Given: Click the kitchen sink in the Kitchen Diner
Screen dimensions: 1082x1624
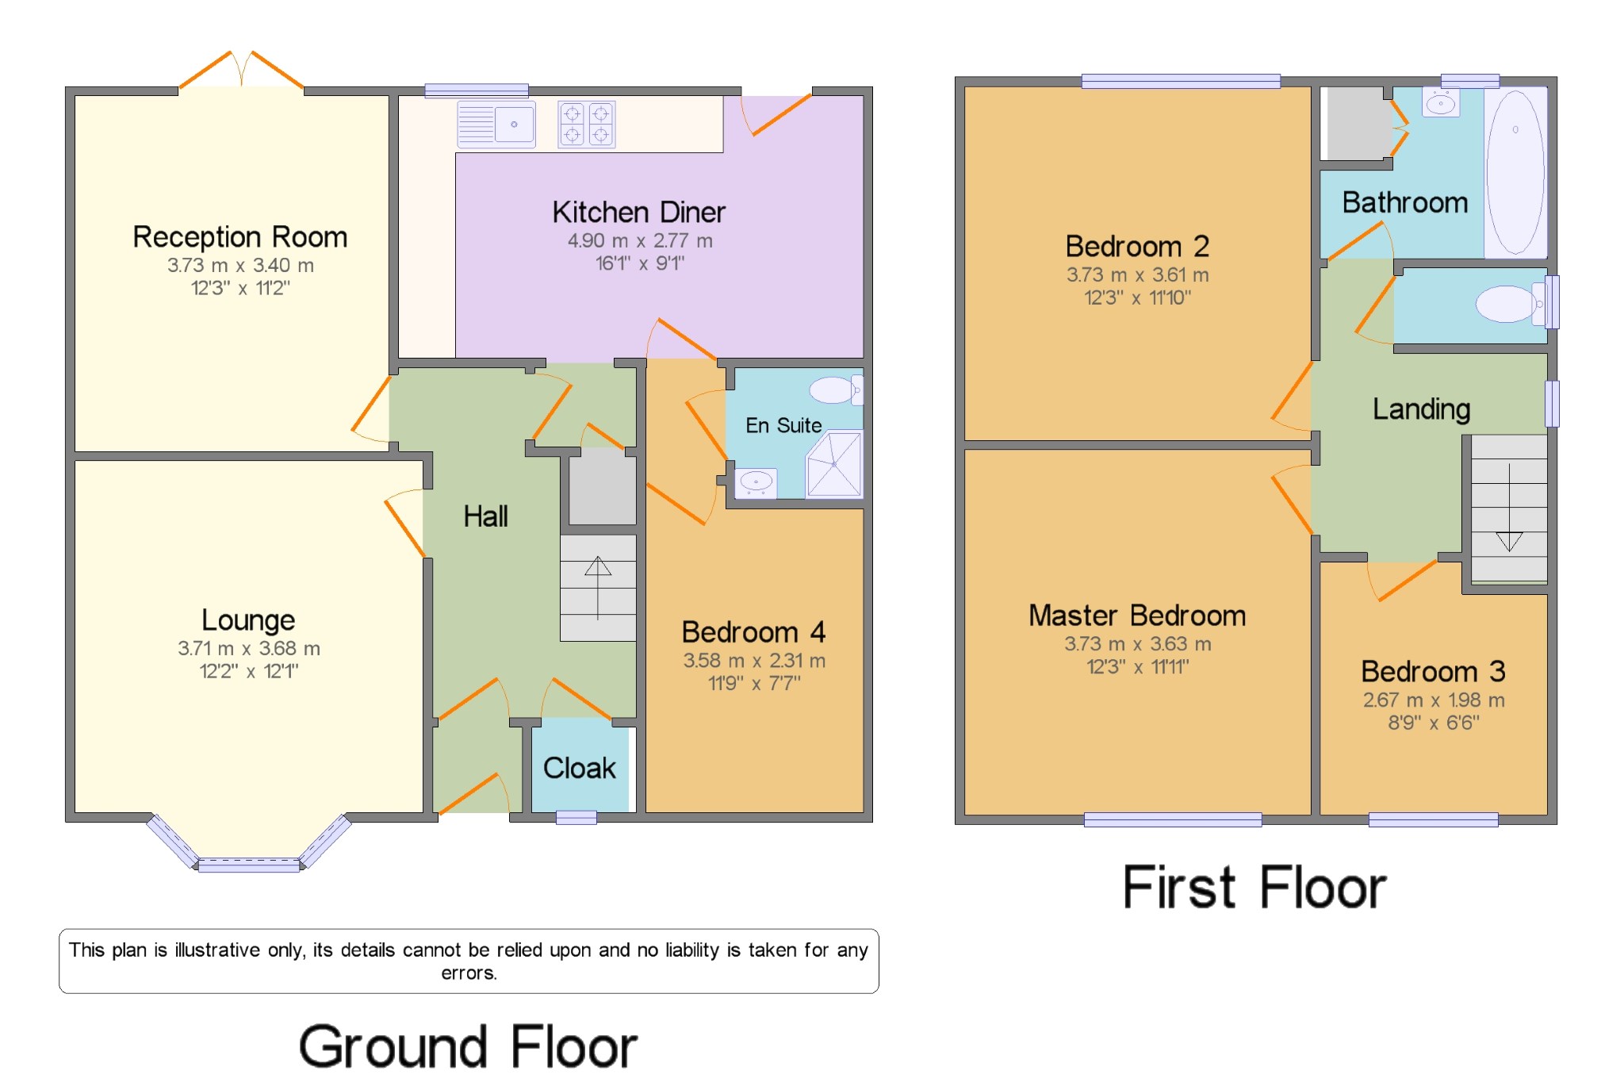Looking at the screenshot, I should point(496,125).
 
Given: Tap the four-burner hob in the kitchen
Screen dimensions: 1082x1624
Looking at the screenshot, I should point(587,125).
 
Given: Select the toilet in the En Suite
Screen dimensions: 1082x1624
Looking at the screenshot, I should point(833,389).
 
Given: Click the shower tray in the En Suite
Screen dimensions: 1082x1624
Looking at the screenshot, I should point(834,465).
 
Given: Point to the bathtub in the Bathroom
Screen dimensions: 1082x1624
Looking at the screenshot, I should point(1515,172).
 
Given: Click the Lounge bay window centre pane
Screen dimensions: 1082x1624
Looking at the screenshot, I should point(248,865).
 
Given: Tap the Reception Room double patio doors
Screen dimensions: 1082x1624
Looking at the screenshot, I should point(242,71).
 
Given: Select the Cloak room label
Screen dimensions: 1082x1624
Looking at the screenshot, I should point(579,768).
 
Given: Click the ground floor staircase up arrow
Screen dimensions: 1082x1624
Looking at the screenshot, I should point(598,587).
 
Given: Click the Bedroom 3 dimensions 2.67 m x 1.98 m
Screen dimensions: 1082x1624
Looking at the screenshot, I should point(1434,700).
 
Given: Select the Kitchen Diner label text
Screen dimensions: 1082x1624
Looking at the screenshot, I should point(638,212).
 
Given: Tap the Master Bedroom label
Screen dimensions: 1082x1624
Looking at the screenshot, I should point(1137,616).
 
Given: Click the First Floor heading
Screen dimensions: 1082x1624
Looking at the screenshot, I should point(1254,888).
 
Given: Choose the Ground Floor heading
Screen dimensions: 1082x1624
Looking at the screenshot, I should point(468,1047).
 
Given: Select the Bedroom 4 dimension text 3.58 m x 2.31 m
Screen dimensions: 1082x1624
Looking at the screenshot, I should point(754,660).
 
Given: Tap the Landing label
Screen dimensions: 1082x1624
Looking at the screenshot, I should point(1421,409).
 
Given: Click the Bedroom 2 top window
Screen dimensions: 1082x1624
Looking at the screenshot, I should point(1181,81).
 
